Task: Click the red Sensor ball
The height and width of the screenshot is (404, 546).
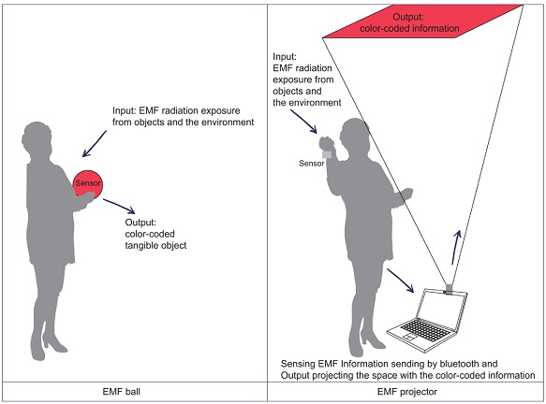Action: pyautogui.click(x=88, y=184)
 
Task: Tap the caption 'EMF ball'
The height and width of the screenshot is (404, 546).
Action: pyautogui.click(x=122, y=392)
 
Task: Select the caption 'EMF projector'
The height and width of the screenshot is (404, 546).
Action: pyautogui.click(x=407, y=392)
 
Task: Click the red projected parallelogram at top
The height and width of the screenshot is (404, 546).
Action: pyautogui.click(x=422, y=22)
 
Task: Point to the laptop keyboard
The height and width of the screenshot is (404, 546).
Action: pyautogui.click(x=425, y=329)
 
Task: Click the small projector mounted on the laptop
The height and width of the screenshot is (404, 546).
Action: pyautogui.click(x=449, y=289)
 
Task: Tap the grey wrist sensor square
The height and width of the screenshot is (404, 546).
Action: pyautogui.click(x=327, y=154)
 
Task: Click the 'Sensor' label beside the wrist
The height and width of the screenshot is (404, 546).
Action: pyautogui.click(x=311, y=164)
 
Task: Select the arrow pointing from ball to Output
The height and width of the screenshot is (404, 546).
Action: pyautogui.click(x=119, y=206)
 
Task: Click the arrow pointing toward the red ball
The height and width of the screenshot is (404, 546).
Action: pyautogui.click(x=95, y=144)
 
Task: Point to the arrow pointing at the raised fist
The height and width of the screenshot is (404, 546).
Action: pyautogui.click(x=303, y=122)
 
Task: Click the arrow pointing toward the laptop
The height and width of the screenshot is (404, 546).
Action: pyautogui.click(x=401, y=281)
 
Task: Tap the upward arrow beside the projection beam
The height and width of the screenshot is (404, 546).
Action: pyautogui.click(x=456, y=247)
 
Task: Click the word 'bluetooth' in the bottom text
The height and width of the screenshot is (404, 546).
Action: pyautogui.click(x=459, y=364)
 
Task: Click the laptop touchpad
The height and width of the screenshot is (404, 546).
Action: pyautogui.click(x=409, y=337)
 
